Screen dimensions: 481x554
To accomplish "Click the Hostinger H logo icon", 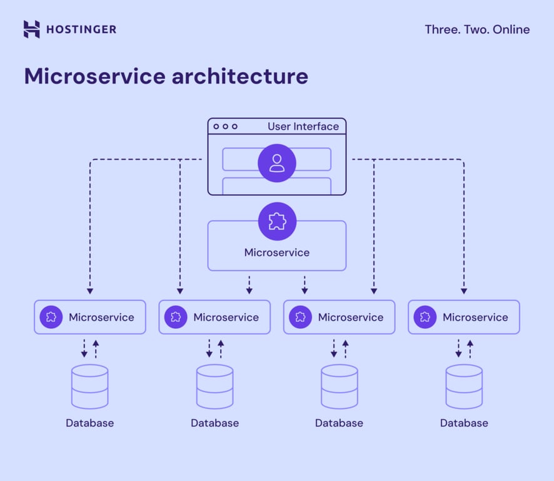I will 31,29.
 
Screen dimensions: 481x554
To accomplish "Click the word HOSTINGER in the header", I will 81,29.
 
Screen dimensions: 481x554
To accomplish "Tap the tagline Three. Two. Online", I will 476,29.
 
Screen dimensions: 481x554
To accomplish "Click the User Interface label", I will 303,127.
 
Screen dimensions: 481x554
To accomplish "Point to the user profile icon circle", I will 277,163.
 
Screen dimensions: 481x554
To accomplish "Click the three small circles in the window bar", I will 225,127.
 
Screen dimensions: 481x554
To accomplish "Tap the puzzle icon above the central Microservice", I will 277,222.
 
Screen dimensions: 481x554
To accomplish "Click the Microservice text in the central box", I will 277,253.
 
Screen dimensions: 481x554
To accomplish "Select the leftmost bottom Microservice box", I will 89,317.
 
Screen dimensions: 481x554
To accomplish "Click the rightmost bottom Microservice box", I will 463,317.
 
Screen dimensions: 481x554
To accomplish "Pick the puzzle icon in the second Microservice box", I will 176,317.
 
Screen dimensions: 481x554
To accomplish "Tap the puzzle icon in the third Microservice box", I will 301,317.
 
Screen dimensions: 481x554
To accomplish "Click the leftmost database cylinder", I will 89,387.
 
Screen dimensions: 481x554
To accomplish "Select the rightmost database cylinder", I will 464,387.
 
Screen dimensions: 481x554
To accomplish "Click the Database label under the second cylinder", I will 214,423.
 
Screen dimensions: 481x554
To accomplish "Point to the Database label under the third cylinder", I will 339,423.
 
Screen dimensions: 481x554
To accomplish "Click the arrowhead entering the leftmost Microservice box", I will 89,291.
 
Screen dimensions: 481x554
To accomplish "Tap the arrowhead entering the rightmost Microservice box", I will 464,291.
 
